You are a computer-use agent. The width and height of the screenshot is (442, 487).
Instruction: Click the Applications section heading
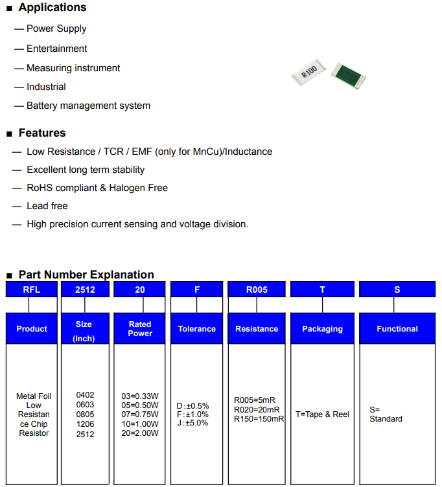pos(52,7)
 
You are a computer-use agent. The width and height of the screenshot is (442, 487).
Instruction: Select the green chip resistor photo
pos(349,76)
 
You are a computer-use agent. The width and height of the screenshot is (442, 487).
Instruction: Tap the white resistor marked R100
pos(309,72)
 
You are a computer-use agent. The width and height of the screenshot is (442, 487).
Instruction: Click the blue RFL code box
pos(32,289)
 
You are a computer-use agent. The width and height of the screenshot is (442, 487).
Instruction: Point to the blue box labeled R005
pos(257,289)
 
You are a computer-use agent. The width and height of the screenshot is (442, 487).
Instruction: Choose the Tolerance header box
pos(197,328)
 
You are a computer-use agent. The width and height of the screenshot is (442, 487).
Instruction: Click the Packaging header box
pos(322,328)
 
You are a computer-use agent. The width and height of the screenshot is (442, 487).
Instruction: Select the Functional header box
pos(397,328)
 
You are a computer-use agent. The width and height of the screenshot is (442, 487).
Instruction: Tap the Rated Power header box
pos(139,328)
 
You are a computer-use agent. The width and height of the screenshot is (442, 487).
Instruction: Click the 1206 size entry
pos(85,424)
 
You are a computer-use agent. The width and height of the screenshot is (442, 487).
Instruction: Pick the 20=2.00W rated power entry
pos(140,433)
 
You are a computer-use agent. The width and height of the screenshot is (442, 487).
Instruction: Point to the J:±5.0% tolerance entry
pos(192,423)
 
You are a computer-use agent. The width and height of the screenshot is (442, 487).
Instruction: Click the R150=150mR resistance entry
pos(259,419)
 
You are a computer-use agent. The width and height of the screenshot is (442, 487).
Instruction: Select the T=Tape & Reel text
pos(322,414)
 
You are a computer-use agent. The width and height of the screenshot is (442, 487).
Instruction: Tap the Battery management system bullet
pos(88,106)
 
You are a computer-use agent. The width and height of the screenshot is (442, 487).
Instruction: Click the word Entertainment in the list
pos(57,49)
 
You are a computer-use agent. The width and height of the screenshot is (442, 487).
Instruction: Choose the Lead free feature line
pos(47,206)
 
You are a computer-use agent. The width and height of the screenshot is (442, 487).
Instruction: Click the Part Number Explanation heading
pos(86,275)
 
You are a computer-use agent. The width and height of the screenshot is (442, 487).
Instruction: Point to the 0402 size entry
pos(85,395)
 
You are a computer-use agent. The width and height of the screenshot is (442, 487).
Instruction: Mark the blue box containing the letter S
pos(397,289)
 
